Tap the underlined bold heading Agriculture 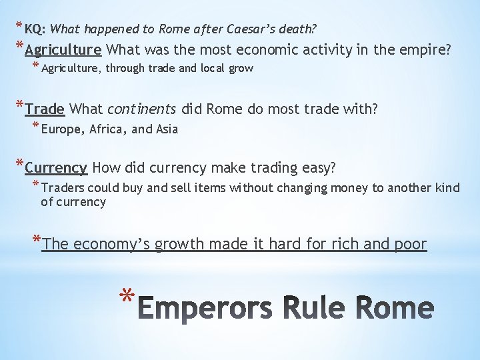(63, 49)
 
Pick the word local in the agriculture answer (209, 68)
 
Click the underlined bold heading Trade (45, 109)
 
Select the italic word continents (141, 109)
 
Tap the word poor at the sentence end (409, 245)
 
